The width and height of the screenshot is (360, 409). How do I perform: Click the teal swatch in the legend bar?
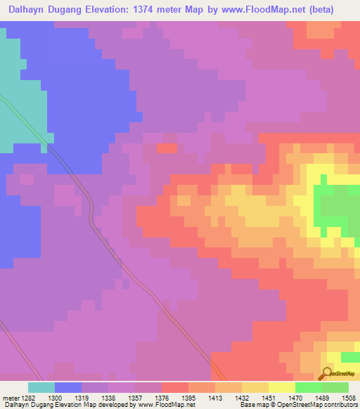41,387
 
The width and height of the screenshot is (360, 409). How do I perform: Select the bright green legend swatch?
309,387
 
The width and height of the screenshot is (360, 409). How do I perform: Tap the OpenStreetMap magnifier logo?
326,373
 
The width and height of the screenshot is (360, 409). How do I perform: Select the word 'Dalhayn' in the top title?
27,10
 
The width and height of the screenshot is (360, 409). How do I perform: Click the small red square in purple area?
167,148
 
